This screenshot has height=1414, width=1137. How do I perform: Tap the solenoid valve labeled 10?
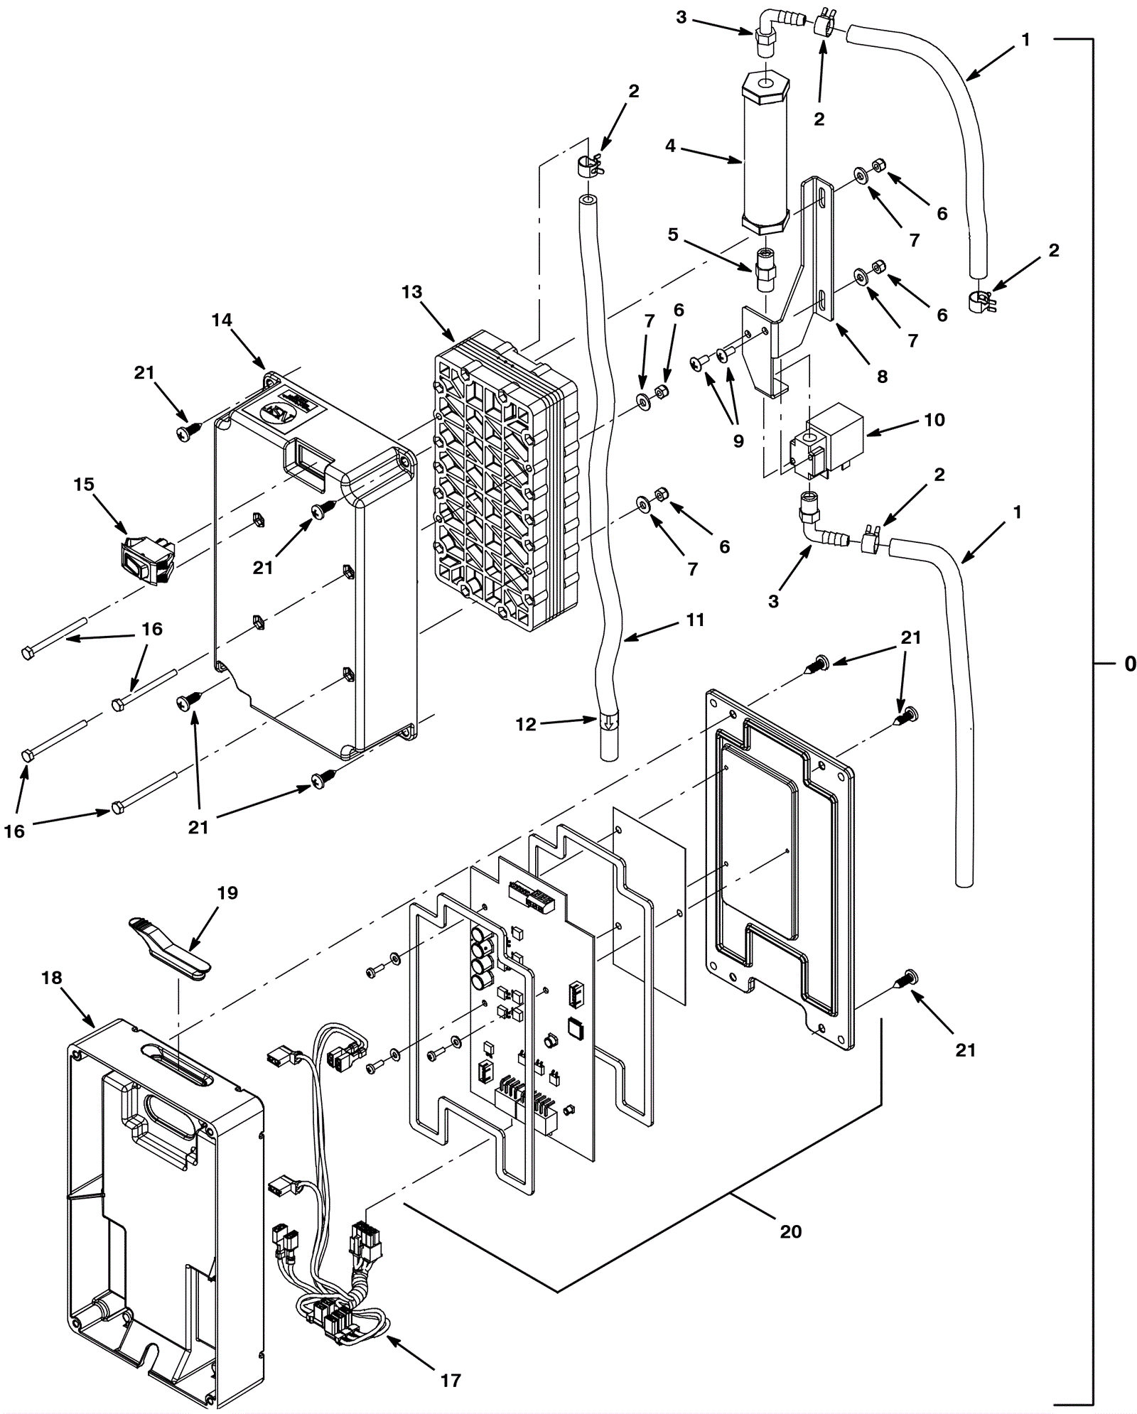(827, 441)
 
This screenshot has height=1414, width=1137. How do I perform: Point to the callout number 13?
(411, 292)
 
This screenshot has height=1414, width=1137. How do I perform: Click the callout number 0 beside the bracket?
(1129, 664)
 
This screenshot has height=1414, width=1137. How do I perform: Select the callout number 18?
(52, 978)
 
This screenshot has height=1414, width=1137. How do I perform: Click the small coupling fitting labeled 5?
(765, 270)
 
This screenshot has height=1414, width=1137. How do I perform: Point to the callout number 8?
(882, 377)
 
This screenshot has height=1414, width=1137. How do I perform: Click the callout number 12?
(526, 725)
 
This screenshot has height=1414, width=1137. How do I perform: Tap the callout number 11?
(694, 620)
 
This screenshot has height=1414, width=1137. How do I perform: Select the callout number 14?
(222, 320)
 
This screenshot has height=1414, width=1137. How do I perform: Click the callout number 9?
(738, 441)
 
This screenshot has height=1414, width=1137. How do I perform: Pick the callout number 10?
(934, 419)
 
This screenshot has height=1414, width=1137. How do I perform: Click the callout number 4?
(670, 146)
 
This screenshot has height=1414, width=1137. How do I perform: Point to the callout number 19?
(227, 892)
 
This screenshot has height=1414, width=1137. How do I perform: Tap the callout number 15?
(84, 484)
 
